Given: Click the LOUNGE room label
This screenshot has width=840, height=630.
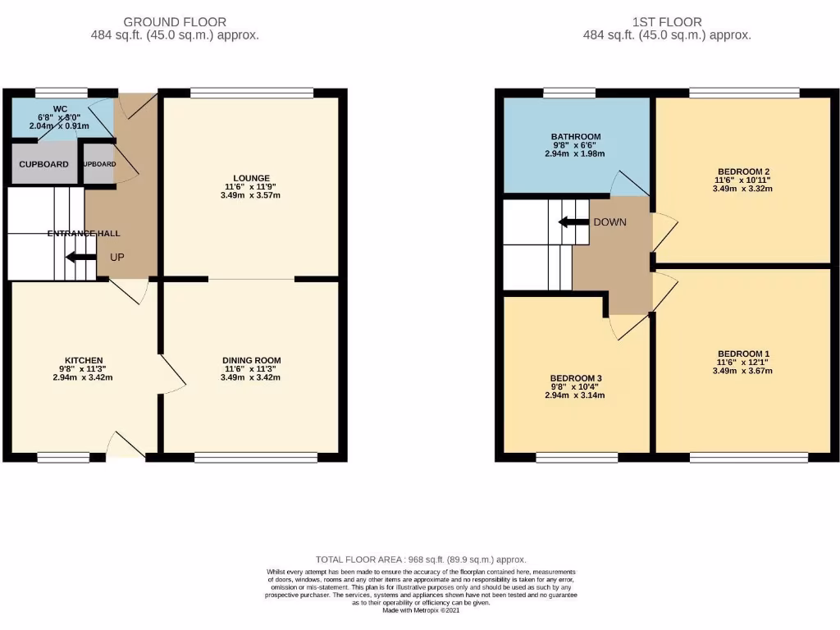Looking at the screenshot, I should tap(251, 178).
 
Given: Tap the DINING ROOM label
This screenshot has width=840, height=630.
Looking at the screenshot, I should tap(251, 360).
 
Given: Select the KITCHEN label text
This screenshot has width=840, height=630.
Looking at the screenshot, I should tap(84, 360).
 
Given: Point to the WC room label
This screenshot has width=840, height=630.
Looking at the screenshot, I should tap(60, 108).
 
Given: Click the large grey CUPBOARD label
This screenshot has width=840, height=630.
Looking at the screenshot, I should tap(43, 164).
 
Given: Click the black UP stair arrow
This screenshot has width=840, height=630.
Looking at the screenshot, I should tap(80, 258).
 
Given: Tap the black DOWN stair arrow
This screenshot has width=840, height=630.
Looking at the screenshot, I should tap(573, 221).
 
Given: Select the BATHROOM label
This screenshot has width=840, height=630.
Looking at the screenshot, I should tap(576, 136).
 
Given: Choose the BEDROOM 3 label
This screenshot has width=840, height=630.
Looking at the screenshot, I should tap(576, 378).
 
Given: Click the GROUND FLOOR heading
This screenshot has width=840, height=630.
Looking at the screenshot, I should tap(174, 22).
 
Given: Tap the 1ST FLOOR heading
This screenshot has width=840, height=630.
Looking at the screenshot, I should tap(667, 22).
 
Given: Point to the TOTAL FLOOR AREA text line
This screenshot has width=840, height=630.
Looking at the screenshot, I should tap(420, 559).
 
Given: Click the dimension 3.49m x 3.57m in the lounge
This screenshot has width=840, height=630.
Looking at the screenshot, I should tap(251, 196).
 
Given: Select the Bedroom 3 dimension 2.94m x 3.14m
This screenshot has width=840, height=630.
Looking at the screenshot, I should tap(576, 395).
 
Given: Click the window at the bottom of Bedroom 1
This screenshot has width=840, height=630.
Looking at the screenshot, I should tap(748, 457).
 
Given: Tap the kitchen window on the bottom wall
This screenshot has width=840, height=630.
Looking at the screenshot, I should tap(62, 457).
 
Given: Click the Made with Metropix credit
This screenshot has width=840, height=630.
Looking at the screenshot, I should tap(420, 609).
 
